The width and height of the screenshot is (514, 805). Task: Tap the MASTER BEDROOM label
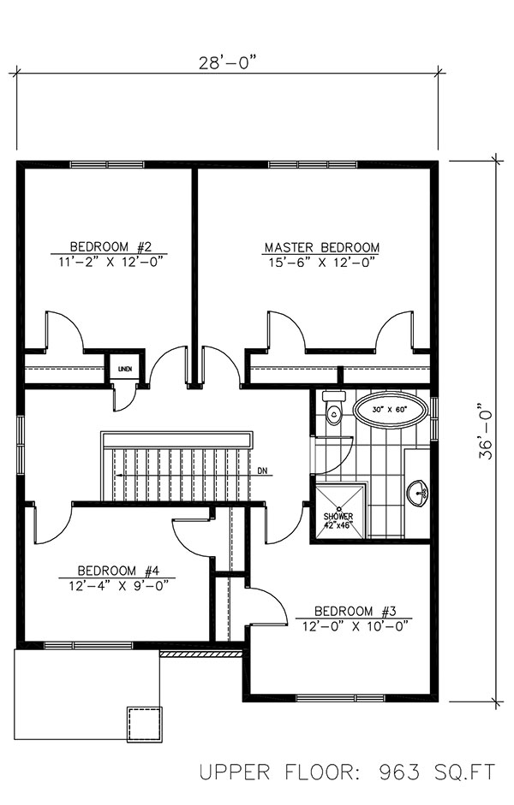pos(321,248)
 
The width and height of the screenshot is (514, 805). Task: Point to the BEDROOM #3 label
pos(355,611)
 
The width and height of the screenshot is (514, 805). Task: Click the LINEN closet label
pos(124,369)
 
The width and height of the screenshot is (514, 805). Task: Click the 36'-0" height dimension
pos(487,431)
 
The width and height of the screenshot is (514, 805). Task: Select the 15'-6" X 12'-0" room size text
pos(321,263)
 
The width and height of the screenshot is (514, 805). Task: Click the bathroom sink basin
pos(418,492)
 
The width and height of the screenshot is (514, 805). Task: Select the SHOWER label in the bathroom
pos(338,517)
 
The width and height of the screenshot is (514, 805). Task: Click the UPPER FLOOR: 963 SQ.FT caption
pos(347,772)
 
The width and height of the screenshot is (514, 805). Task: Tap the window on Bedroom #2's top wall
pos(107,164)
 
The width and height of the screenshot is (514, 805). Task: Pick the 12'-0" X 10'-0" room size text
pos(355,626)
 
